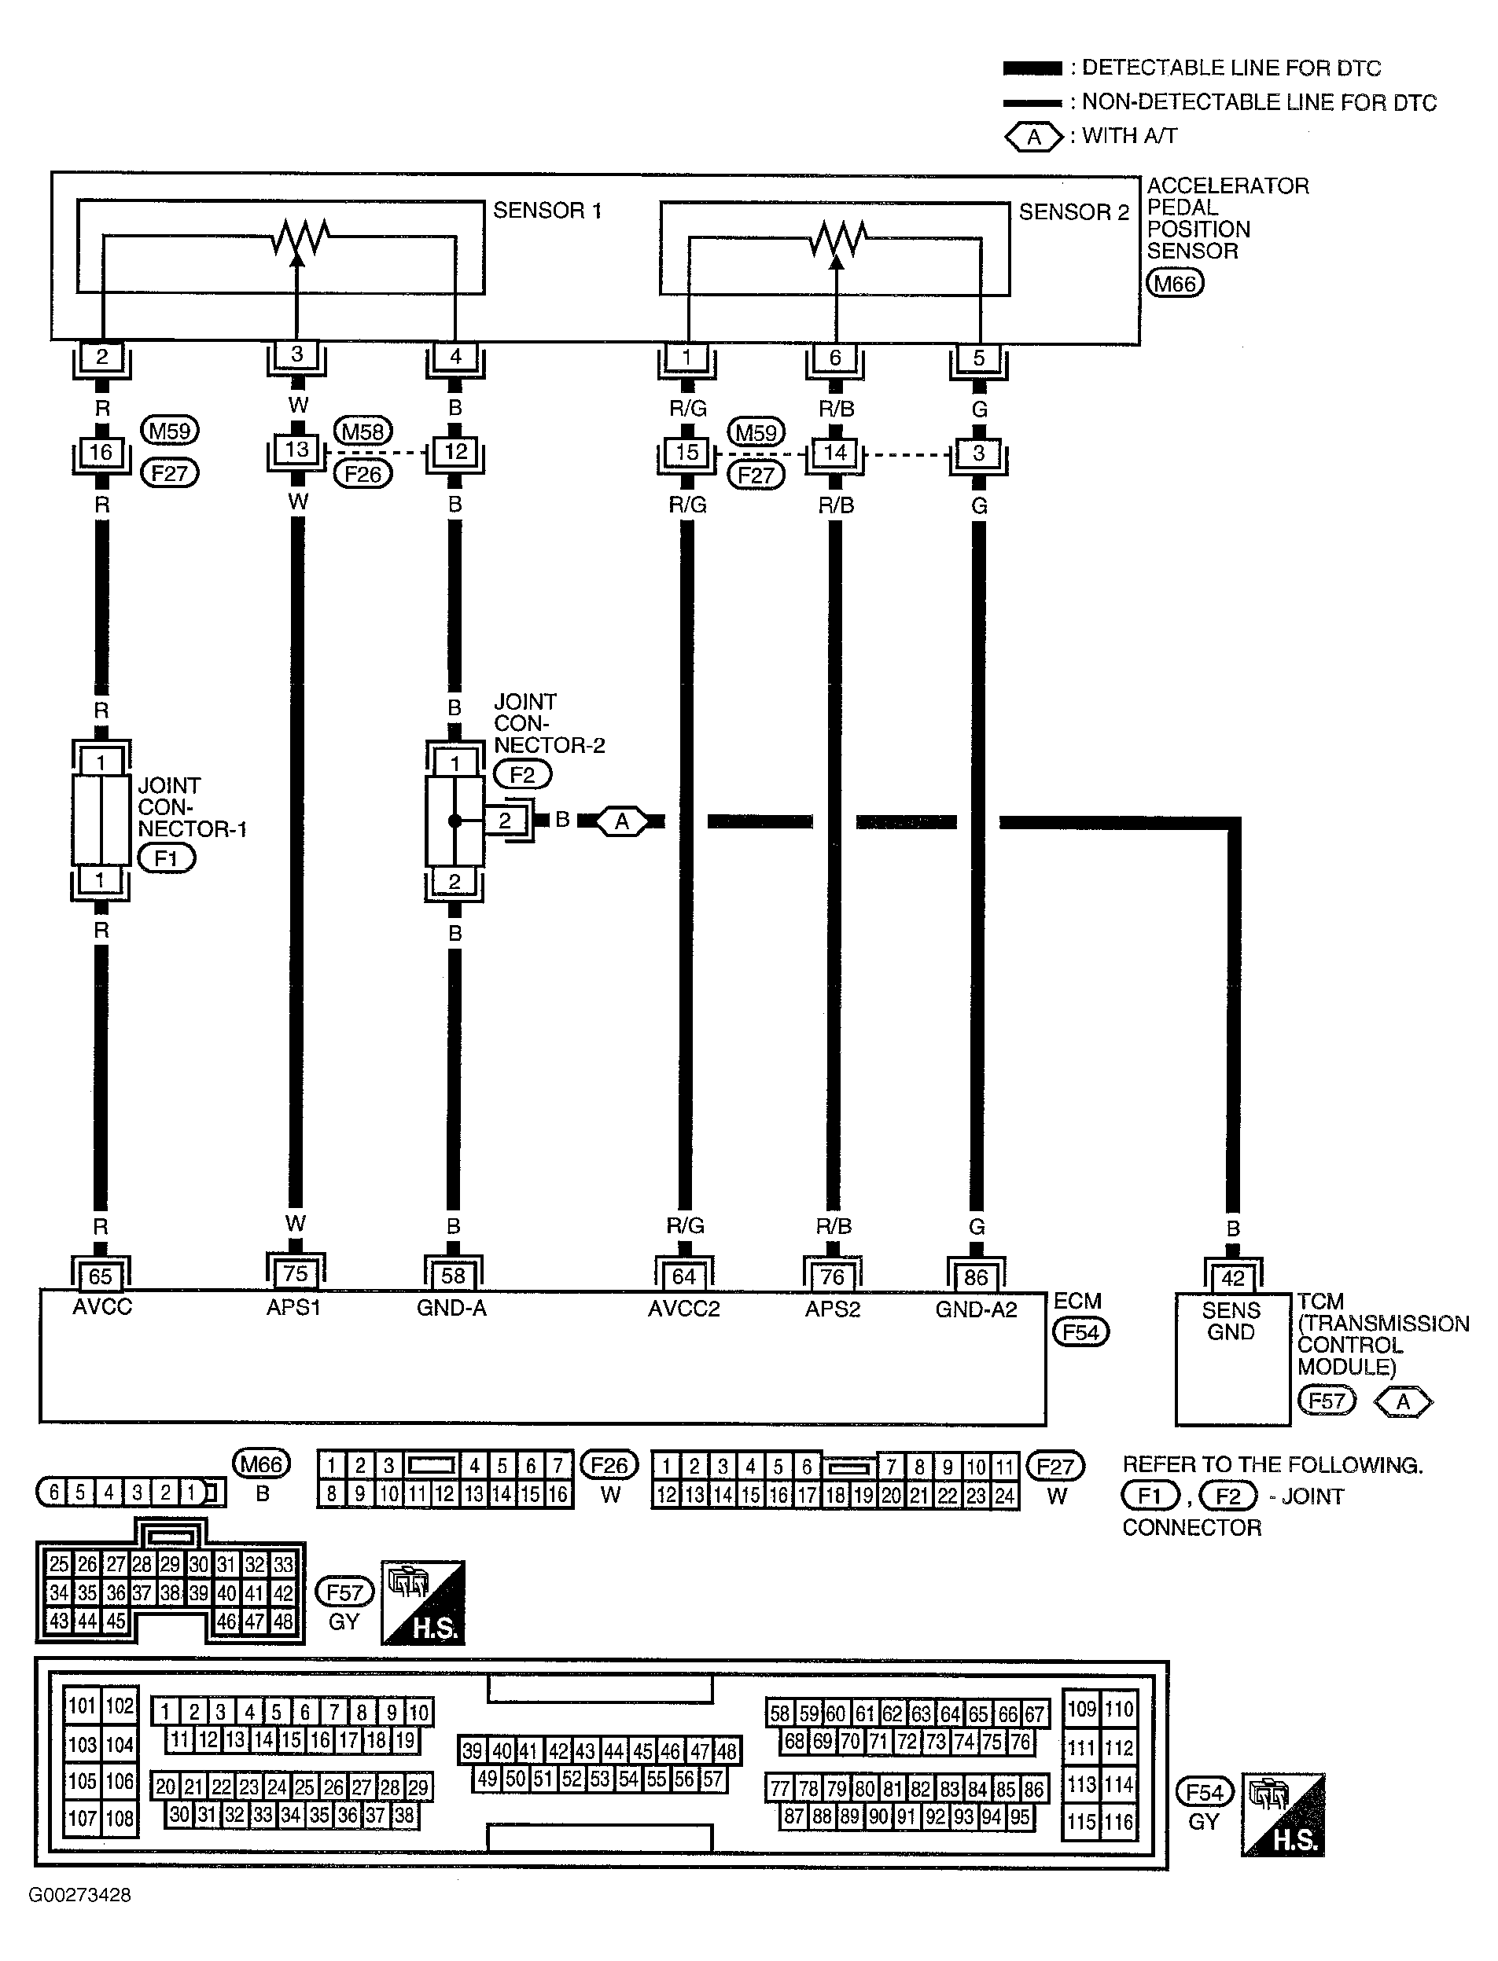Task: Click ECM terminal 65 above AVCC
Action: [101, 1276]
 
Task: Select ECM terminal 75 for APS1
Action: [295, 1274]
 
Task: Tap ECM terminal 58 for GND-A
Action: [453, 1276]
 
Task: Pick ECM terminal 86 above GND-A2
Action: [977, 1277]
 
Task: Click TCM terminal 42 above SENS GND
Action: [1232, 1278]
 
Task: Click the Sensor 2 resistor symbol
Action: [838, 238]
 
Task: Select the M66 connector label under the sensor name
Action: [1176, 284]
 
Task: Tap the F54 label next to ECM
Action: [1080, 1332]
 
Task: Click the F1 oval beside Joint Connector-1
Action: [167, 858]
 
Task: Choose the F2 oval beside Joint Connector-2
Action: [522, 775]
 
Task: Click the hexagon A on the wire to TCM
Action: [621, 821]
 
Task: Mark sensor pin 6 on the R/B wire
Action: [835, 358]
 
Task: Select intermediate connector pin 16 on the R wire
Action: [101, 453]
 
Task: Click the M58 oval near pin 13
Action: [363, 431]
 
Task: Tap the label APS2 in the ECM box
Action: [833, 1309]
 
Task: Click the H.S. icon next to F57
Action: [424, 1602]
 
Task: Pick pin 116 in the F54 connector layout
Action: [1118, 1821]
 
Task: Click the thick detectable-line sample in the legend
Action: [1032, 68]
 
